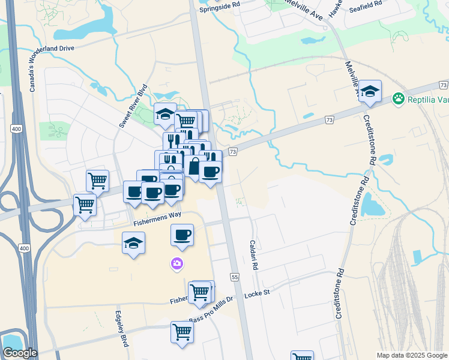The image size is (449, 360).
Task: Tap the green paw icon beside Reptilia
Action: pos(397,98)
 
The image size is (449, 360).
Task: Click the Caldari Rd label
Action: pos(253,254)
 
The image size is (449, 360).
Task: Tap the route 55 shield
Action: pos(234,277)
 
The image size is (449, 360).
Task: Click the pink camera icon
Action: pos(176,263)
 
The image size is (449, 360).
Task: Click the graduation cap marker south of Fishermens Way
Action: pos(133,243)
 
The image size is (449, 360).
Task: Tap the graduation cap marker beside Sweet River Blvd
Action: pos(164,114)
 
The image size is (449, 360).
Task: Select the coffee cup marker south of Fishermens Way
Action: pos(182,235)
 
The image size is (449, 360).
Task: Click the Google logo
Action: pos(20,353)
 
